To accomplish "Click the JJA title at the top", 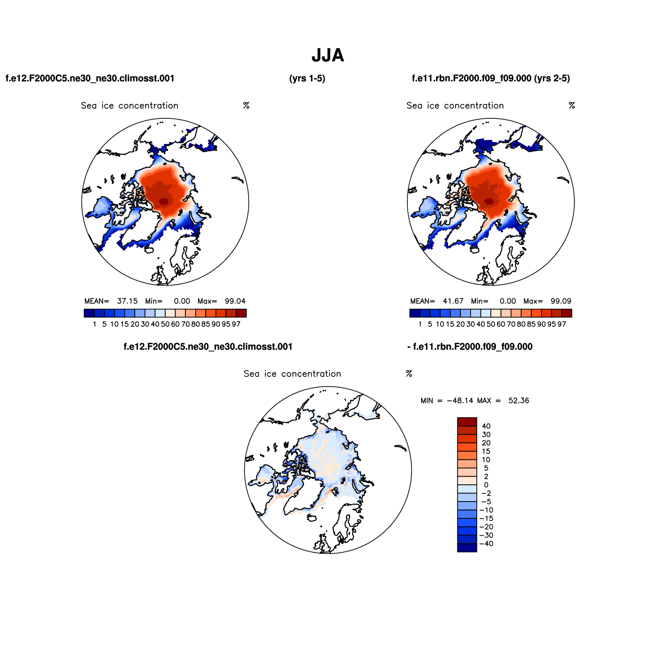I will [328, 55].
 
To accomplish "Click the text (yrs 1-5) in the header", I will [307, 78].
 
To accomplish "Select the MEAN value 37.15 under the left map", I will [127, 301].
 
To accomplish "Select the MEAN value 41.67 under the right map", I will [453, 301].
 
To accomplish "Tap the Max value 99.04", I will [235, 301].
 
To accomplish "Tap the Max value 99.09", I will [561, 301].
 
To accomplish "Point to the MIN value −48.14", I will [460, 400].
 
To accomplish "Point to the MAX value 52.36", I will [519, 400].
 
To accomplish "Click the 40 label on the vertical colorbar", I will [486, 426].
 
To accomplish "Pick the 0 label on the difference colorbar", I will [486, 485].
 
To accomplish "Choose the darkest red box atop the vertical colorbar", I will [467, 422].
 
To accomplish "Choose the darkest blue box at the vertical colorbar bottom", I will [467, 548].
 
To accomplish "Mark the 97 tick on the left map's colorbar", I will [236, 324].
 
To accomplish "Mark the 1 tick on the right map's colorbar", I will [420, 324].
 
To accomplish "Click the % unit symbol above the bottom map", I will [409, 374].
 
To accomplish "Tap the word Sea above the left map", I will [89, 106].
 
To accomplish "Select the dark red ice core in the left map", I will [163, 201].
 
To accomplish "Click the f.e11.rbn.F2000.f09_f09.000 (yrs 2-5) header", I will [491, 78].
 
